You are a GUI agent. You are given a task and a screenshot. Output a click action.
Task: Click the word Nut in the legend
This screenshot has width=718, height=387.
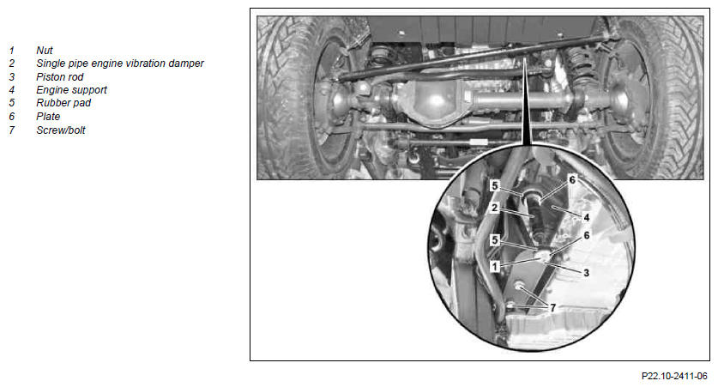45,51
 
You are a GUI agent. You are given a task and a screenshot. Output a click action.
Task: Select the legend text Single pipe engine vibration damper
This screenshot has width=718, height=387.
120,63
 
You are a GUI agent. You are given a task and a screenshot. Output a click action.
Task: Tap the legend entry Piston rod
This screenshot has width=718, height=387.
59,77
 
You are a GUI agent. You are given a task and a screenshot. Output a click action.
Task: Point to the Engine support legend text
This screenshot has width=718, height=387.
71,90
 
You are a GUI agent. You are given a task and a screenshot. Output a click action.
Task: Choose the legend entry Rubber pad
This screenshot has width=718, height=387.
63,103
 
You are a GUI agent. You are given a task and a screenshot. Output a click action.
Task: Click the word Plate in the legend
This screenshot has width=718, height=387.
48,117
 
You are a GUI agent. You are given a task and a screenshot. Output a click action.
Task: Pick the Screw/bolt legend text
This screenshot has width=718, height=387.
61,130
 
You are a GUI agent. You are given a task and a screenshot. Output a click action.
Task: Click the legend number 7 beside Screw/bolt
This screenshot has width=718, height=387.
12,130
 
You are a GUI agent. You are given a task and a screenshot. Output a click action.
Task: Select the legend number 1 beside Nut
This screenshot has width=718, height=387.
12,51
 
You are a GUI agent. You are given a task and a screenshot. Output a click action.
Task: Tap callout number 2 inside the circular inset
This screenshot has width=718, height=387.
495,208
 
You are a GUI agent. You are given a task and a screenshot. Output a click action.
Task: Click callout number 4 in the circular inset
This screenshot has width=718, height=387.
586,217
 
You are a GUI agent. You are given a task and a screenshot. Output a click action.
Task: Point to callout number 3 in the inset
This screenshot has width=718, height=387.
586,273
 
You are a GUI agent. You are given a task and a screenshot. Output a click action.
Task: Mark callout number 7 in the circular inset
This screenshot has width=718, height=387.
552,308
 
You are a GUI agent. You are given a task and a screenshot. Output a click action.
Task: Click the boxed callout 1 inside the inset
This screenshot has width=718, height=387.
495,266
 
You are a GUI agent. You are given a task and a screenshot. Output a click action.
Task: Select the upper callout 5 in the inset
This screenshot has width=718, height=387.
495,185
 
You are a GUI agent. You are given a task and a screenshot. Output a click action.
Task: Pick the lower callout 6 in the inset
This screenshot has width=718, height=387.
586,235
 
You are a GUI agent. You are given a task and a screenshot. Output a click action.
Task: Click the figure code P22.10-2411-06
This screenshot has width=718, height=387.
674,376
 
